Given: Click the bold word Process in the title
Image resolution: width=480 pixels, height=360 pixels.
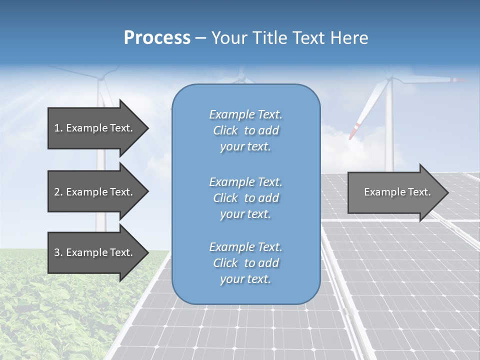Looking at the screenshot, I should click(x=157, y=38).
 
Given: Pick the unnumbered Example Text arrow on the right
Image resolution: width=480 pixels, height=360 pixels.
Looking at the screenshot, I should click(x=397, y=192).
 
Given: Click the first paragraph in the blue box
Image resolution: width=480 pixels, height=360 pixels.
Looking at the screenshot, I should click(x=245, y=130).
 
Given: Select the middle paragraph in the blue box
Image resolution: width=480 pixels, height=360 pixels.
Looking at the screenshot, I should click(x=245, y=198).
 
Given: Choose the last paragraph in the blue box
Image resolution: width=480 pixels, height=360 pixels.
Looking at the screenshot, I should click(x=245, y=263).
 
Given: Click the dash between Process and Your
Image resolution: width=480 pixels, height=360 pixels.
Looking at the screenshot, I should click(x=201, y=38).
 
